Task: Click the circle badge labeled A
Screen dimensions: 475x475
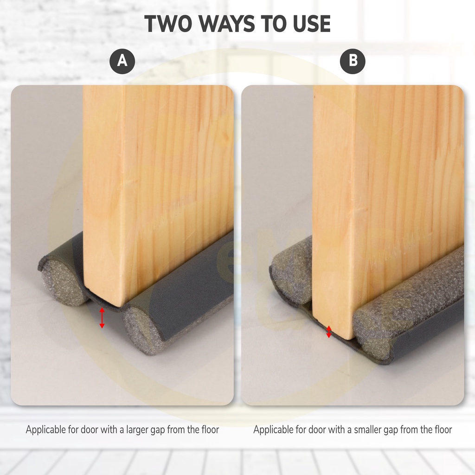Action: [122, 61]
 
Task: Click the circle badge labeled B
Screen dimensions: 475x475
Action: [353, 61]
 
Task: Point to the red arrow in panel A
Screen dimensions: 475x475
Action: [102, 318]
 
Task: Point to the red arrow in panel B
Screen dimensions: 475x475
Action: [329, 332]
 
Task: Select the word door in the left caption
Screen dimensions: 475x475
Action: [90, 430]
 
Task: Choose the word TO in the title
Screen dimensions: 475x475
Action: [274, 24]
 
